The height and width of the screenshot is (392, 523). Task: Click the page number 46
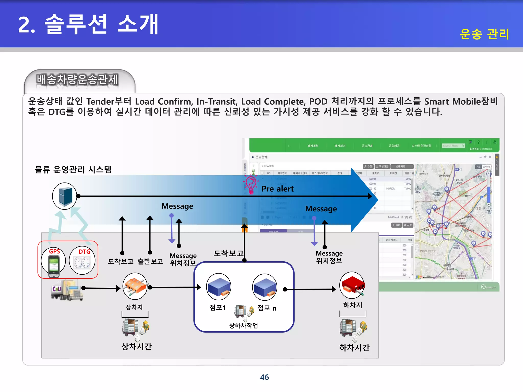264,377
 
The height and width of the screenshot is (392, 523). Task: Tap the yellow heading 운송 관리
484,34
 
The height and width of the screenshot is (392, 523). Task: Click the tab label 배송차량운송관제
77,80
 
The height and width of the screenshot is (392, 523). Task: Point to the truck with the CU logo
67,290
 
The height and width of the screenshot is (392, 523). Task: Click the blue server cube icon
65,196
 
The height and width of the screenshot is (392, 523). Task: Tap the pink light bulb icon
251,185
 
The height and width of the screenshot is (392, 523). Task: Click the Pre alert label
277,189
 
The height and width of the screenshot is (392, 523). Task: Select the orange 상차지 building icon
135,286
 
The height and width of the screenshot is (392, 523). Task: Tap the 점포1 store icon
219,287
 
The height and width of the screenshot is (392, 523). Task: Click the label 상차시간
136,347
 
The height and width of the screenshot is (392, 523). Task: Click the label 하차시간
354,348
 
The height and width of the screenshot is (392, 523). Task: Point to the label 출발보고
150,261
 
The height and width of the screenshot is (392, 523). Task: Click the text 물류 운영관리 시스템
73,169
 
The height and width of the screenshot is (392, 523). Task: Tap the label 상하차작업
243,326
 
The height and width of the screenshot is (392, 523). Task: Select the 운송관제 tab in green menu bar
367,146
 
